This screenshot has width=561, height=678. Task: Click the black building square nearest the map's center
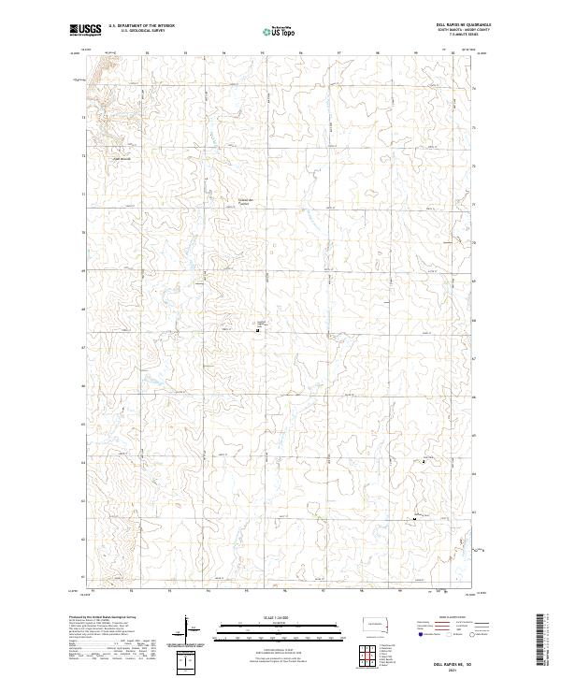click(x=257, y=329)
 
